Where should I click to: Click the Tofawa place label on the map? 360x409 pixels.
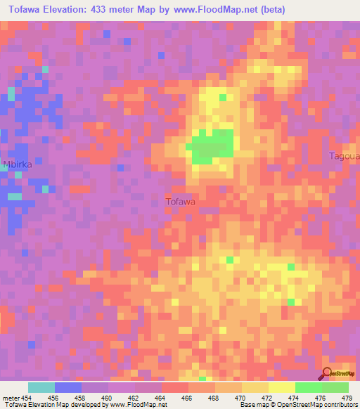(x=180, y=202)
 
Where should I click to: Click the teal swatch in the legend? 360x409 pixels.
(x=41, y=387)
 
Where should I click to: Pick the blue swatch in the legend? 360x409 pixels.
(x=67, y=387)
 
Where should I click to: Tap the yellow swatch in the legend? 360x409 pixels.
(x=281, y=387)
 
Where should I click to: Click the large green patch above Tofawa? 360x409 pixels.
(x=212, y=146)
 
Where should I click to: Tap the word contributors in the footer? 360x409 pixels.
(x=341, y=405)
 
